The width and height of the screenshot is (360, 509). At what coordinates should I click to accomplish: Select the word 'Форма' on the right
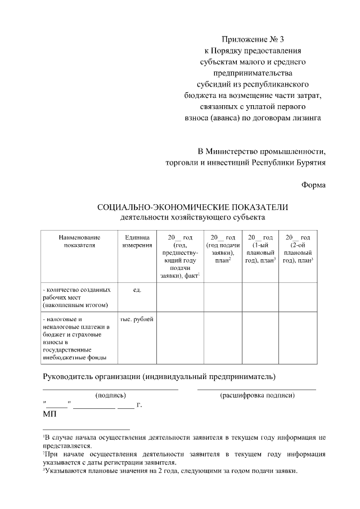(x=313, y=185)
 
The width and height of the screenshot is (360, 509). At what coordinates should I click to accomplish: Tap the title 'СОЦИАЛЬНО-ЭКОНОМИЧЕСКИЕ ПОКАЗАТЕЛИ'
(x=192, y=208)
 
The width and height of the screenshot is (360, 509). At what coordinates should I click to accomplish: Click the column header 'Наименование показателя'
(x=79, y=241)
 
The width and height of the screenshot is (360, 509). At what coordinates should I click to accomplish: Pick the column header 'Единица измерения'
(x=136, y=241)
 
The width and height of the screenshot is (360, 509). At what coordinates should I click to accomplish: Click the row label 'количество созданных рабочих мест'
(x=76, y=296)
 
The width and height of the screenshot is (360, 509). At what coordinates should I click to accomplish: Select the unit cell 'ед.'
(x=136, y=289)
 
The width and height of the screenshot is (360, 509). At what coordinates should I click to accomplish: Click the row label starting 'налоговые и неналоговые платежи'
(x=76, y=337)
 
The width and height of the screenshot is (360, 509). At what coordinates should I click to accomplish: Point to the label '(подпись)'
(x=111, y=395)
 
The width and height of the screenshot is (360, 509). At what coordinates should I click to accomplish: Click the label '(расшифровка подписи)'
(x=257, y=395)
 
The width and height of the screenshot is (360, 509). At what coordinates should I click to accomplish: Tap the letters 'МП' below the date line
(x=49, y=414)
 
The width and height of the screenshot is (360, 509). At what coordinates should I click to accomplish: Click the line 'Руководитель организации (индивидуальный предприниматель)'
(x=160, y=375)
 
